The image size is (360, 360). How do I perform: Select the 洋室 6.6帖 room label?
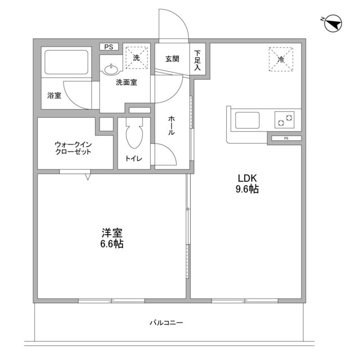(112, 238)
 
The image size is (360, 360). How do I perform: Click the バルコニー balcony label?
(166, 323)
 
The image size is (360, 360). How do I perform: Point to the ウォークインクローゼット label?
(73, 148)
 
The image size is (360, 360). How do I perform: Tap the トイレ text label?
(134, 159)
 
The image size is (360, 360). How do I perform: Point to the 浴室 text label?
(54, 96)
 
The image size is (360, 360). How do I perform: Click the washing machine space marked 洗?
(136, 57)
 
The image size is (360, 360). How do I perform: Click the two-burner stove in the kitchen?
(285, 120)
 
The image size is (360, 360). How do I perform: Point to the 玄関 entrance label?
(173, 58)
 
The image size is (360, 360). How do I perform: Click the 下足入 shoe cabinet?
(197, 58)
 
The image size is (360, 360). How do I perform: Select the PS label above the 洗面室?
(108, 47)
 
